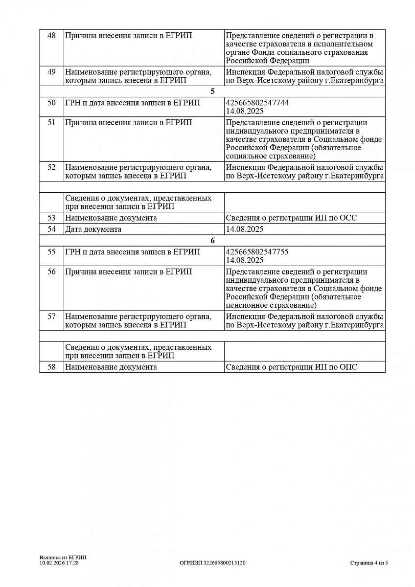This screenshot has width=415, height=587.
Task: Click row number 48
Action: click(51, 36)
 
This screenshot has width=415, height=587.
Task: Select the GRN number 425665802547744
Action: click(257, 103)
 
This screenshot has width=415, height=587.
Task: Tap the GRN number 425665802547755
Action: click(257, 252)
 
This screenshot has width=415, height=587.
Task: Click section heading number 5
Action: click(212, 91)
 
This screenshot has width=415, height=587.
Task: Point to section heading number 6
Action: click(212, 241)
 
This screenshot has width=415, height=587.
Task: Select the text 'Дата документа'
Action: click(93, 229)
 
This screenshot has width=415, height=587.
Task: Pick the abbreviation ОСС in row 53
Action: click(348, 218)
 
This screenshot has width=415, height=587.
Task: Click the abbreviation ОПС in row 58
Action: click(348, 367)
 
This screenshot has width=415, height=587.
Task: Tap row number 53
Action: click(51, 218)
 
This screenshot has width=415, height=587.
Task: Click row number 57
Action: click(51, 316)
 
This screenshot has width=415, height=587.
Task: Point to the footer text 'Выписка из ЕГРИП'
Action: click(63, 557)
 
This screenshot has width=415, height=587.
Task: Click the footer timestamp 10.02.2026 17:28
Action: click(59, 563)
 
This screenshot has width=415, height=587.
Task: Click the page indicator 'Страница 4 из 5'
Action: click(369, 563)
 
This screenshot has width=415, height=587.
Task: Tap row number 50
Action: click(51, 103)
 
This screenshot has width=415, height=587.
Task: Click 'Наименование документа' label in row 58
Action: click(111, 367)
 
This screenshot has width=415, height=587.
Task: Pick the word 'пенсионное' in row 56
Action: click(245, 305)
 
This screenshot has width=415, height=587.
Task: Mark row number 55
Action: click(51, 252)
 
